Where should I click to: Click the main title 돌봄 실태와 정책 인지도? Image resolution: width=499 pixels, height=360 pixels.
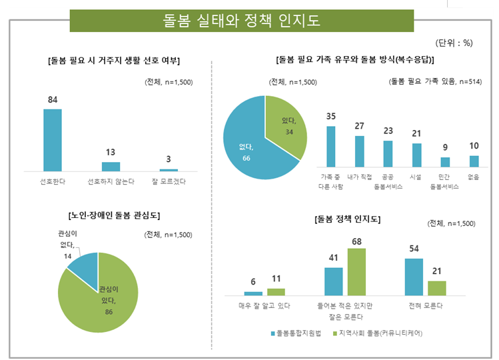(242, 21)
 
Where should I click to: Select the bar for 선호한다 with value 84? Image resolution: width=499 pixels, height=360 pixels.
(53, 140)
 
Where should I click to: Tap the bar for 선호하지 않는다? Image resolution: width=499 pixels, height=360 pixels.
(111, 166)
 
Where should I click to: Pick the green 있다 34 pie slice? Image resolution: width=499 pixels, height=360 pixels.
(285, 123)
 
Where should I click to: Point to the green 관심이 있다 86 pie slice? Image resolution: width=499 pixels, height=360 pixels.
(100, 303)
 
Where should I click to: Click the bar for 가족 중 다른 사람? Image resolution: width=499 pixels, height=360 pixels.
(330, 146)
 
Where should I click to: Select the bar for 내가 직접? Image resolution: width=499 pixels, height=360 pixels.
(359, 151)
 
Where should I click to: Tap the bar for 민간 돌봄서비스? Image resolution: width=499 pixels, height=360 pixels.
(445, 162)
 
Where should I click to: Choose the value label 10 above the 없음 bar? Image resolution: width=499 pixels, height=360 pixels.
(474, 146)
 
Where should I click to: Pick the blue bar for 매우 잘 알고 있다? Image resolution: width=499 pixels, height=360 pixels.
(253, 293)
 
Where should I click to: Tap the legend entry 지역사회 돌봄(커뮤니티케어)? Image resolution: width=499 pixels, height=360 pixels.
(379, 332)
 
